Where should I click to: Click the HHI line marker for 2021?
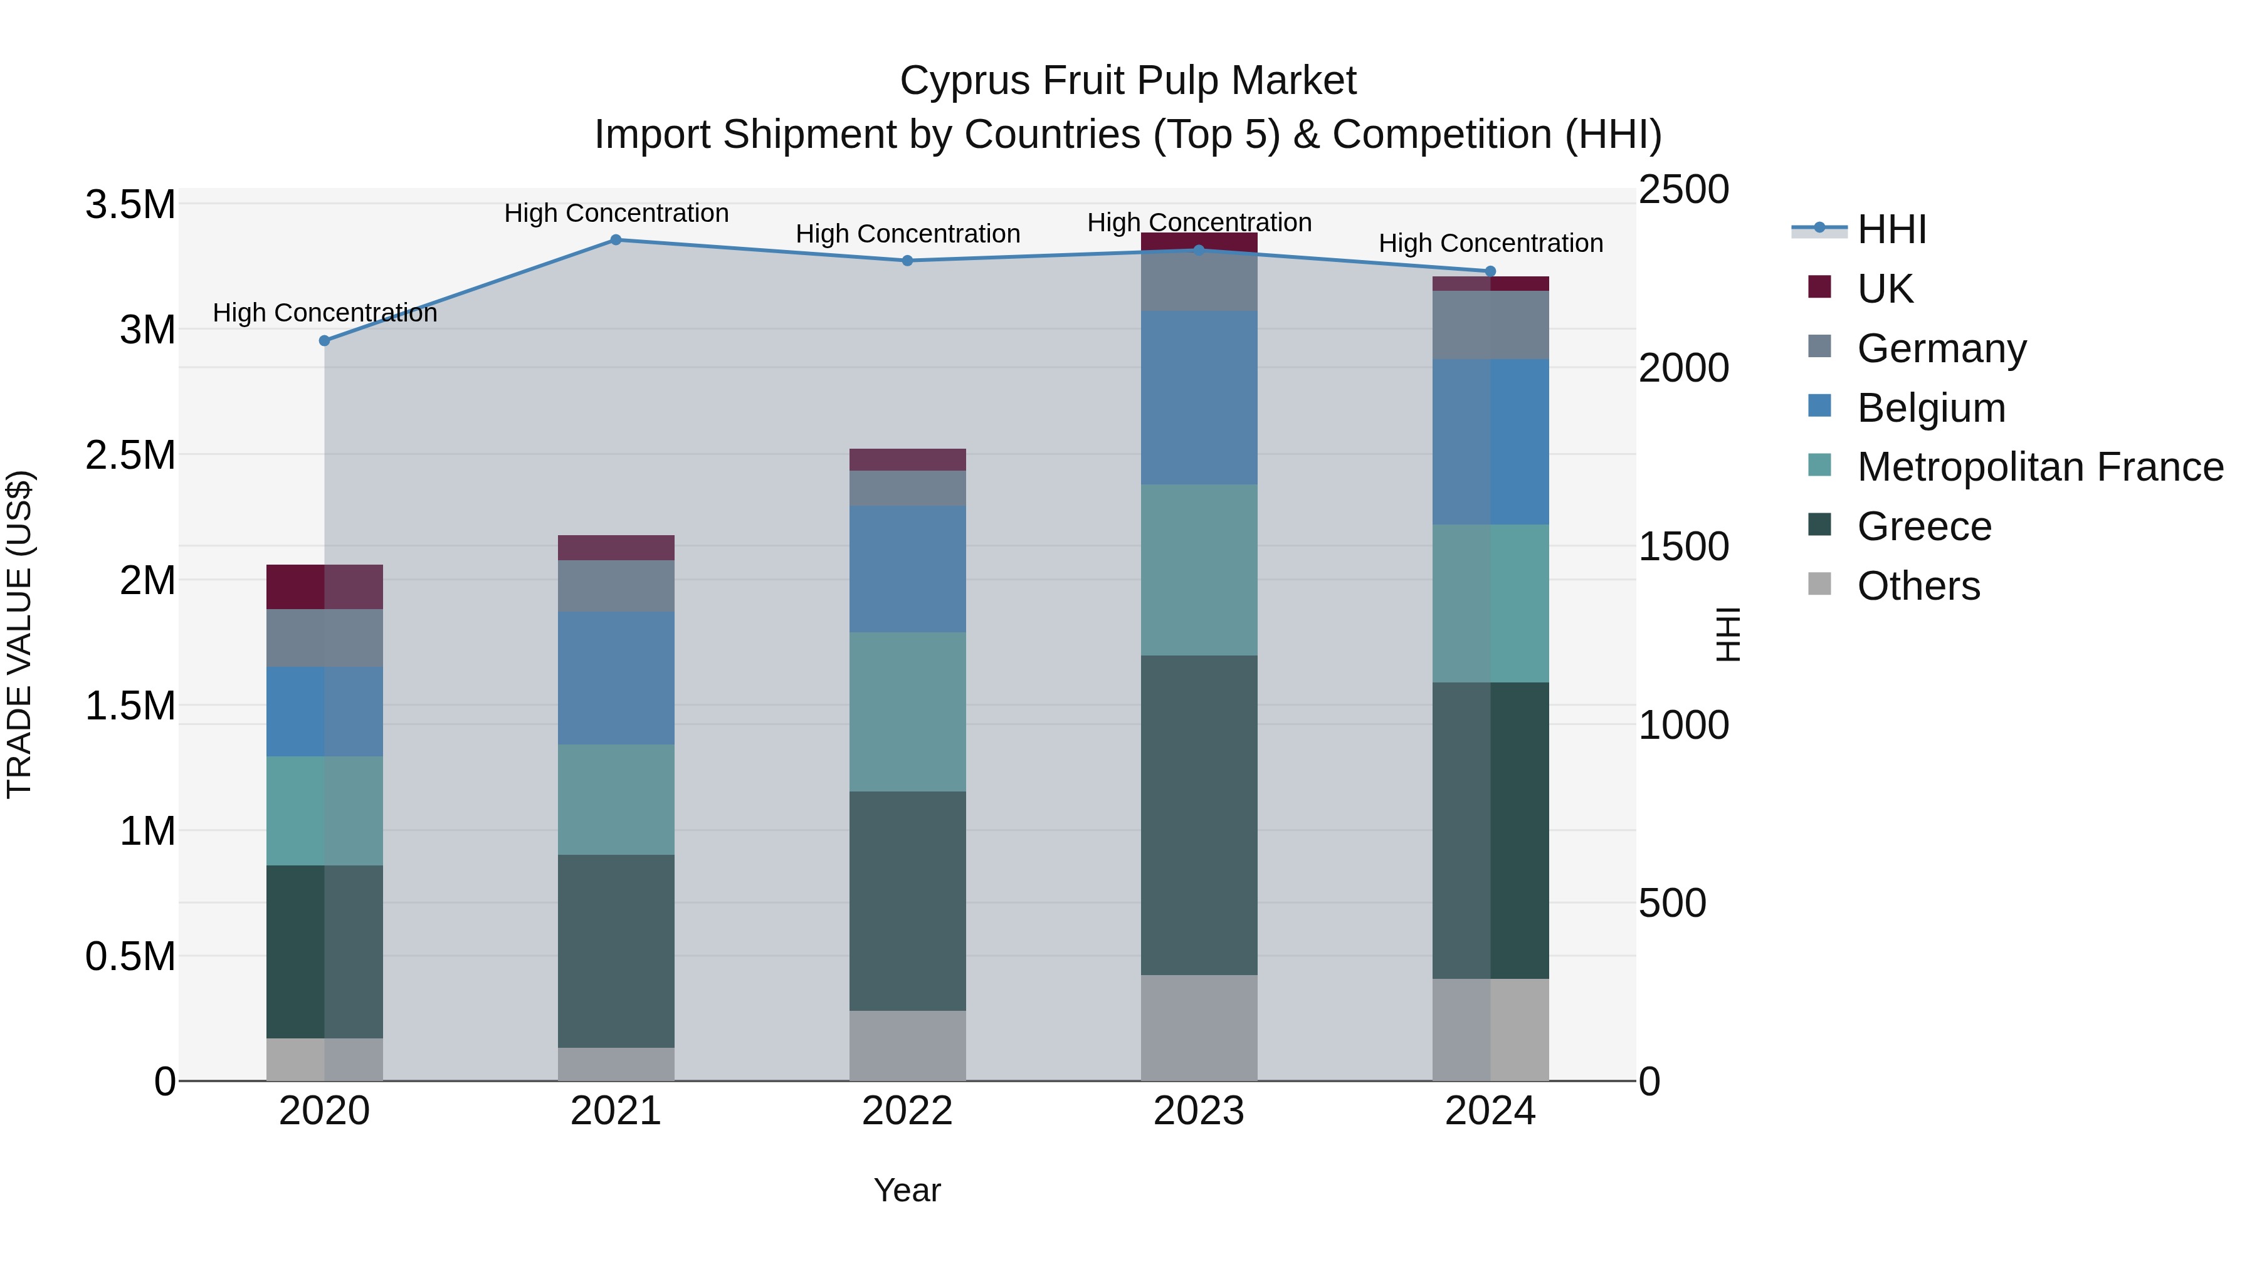(616, 240)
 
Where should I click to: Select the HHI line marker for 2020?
(324, 341)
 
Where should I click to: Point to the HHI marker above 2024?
(1490, 271)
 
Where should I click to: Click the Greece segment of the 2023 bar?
(1199, 815)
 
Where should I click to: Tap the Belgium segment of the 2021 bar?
(616, 678)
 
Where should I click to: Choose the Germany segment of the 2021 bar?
(616, 586)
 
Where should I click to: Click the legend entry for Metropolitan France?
(2039, 467)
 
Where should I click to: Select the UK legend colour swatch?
(1820, 287)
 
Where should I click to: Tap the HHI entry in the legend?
(1891, 229)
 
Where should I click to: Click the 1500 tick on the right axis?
(1683, 546)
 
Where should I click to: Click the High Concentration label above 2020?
(324, 313)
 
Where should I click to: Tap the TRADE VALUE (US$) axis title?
(19, 634)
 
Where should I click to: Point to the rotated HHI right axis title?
(1727, 634)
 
